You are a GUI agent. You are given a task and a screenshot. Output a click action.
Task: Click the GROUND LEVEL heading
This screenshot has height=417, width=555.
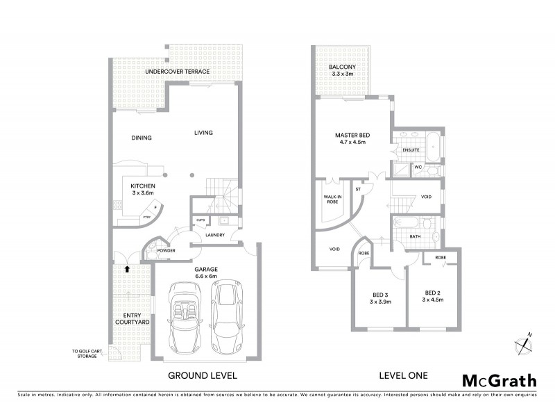click(x=203, y=375)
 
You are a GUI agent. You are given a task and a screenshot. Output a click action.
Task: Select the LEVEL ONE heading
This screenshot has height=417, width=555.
click(x=403, y=375)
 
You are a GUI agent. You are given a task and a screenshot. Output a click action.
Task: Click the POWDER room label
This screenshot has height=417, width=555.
click(x=165, y=251)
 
